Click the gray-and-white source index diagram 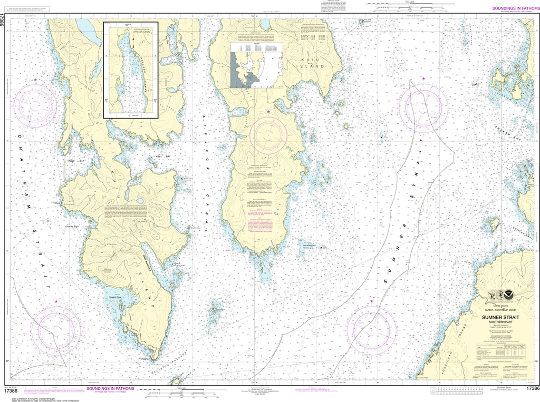[256, 65]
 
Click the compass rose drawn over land [269, 134]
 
